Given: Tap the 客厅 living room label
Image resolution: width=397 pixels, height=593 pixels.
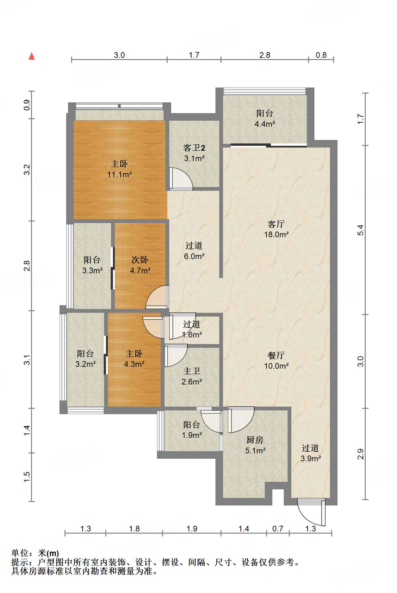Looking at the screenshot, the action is click(x=276, y=224).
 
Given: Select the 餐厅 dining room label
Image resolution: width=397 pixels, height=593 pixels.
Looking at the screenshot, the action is click(x=276, y=355).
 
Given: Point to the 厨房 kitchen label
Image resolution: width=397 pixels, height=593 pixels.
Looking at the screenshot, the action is click(x=255, y=440).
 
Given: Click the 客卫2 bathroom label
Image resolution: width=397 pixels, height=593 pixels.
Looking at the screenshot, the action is click(x=194, y=148).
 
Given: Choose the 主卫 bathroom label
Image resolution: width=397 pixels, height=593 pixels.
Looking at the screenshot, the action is click(x=192, y=371).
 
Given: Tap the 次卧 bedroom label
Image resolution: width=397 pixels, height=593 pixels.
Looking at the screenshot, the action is click(x=140, y=260).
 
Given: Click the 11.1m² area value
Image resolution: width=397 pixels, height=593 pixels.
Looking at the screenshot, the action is click(x=119, y=174).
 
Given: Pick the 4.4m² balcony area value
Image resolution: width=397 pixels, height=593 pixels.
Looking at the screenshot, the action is click(x=265, y=124).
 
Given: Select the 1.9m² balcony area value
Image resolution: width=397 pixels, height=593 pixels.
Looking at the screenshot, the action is click(x=192, y=435).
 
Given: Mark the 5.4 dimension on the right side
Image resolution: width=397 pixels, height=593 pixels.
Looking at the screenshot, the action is click(x=361, y=230).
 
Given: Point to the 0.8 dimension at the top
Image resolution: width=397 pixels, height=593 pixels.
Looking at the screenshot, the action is click(x=321, y=55).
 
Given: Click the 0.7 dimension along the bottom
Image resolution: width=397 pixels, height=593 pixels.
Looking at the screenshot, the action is click(x=278, y=529).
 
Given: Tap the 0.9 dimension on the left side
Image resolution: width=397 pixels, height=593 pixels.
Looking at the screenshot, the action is click(x=27, y=105).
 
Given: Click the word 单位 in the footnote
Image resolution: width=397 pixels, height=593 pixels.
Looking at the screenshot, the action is click(x=20, y=553).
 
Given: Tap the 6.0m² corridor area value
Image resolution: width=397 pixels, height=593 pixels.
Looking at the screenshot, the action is click(x=194, y=256).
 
